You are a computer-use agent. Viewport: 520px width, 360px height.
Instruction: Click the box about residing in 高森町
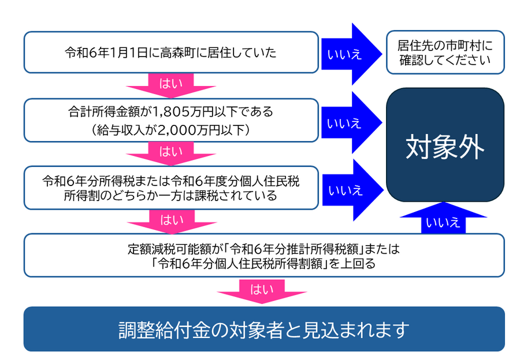[170, 53]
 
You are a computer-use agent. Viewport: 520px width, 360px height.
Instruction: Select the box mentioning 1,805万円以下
[170, 120]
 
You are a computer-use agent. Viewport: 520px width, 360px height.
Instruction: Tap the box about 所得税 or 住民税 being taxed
[170, 188]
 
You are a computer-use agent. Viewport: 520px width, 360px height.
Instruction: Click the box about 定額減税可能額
[263, 255]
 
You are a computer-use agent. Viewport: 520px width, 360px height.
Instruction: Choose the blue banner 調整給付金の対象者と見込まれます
[263, 329]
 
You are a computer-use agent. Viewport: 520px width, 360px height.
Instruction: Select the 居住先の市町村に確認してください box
[445, 53]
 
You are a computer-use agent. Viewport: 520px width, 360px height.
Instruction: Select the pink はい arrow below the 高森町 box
[171, 84]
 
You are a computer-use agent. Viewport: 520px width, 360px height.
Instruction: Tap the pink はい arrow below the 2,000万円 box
[171, 152]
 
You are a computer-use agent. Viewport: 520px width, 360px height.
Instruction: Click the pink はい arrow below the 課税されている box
[171, 219]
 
